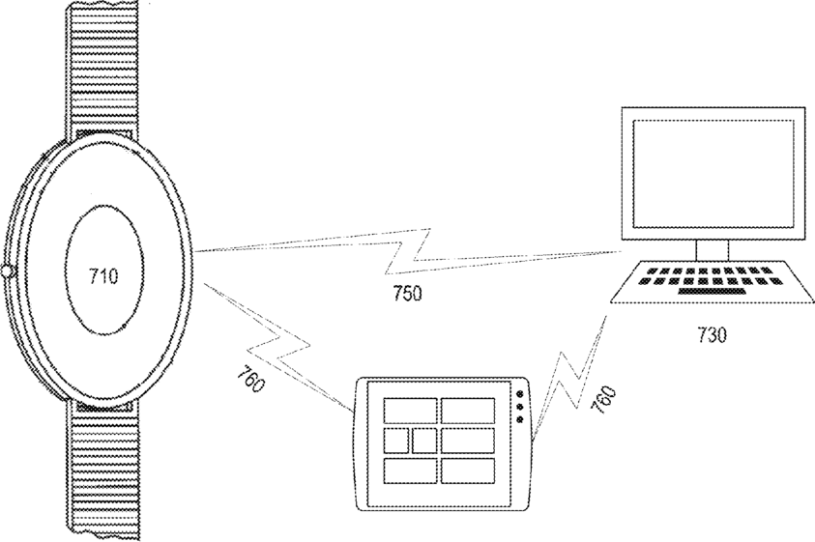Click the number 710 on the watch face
coord(103,277)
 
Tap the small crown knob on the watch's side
coord(6,272)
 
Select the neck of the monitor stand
coord(712,251)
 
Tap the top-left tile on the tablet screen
coord(410,411)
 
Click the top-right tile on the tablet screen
coord(468,411)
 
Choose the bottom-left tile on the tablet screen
coord(410,471)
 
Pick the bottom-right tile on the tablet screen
coord(468,471)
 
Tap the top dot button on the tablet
coord(521,395)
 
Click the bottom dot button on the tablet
coord(521,419)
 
